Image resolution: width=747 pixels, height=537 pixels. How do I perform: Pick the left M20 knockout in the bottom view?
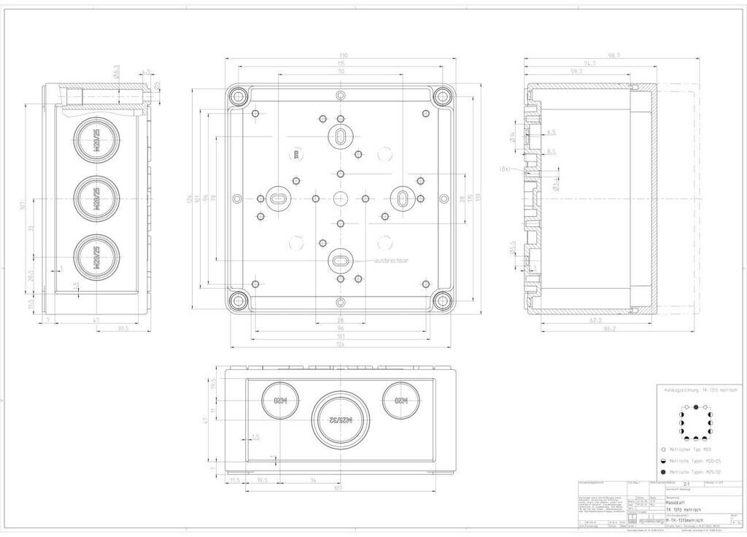pos(280,400)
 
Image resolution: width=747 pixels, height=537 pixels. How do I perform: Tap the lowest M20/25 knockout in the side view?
pos(96,257)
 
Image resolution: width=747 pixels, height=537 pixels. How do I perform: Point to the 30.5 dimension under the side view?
pos(123,329)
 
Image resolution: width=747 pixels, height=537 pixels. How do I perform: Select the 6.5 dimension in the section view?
pos(551,132)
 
